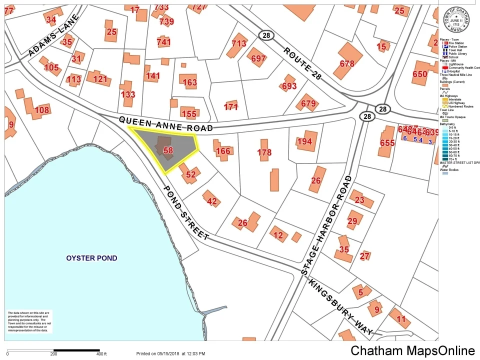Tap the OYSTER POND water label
(91, 258)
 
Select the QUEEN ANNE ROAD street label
(166, 124)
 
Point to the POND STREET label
(185, 211)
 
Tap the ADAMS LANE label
(54, 35)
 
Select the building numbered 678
(347, 63)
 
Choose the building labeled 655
(387, 142)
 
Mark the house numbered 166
(223, 150)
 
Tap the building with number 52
(190, 174)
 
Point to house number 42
(212, 201)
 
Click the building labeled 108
(42, 110)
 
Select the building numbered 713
(239, 43)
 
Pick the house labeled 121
(100, 78)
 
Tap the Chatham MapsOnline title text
(412, 350)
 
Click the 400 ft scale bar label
(102, 354)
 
